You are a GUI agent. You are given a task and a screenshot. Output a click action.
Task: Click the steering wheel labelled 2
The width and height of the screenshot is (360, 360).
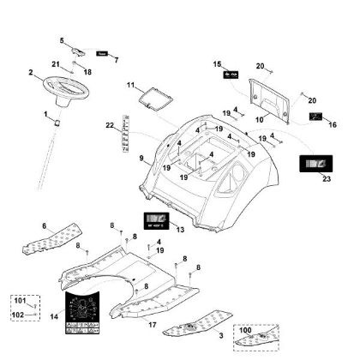click(x=62, y=87)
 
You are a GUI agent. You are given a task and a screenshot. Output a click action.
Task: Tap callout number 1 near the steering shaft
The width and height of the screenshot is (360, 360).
click(x=45, y=114)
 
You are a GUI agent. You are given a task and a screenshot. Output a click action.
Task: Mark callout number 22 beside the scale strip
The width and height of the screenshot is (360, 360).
click(x=110, y=127)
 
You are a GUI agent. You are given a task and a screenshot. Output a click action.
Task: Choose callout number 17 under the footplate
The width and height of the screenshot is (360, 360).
click(x=152, y=327)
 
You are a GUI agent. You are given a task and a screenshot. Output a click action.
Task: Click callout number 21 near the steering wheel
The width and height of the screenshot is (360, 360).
click(x=56, y=65)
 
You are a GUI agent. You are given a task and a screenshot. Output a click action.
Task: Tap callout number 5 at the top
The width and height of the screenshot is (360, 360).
click(x=62, y=40)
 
